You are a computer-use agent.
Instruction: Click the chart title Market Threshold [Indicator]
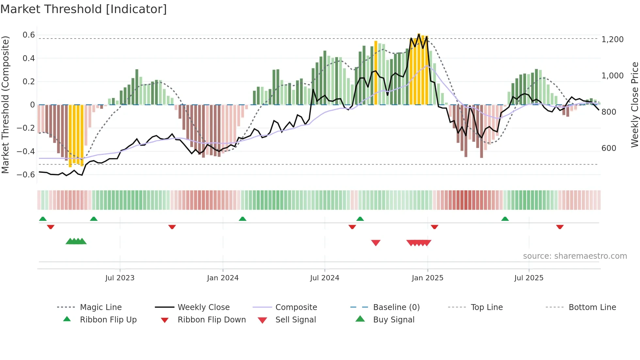pyautogui.click(x=84, y=9)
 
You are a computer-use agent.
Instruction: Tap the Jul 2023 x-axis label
pyautogui.click(x=120, y=278)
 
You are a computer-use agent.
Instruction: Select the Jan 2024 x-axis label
pyautogui.click(x=223, y=278)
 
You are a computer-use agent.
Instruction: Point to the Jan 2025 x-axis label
pyautogui.click(x=427, y=278)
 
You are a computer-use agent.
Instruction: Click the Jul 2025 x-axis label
pyautogui.click(x=529, y=278)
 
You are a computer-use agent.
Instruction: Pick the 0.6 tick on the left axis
pyautogui.click(x=28, y=35)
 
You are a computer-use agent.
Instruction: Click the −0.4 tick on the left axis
pyautogui.click(x=26, y=151)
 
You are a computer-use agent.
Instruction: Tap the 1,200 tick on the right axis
pyautogui.click(x=612, y=40)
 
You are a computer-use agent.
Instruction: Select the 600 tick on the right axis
pyautogui.click(x=609, y=148)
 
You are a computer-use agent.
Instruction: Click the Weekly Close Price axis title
pyautogui.click(x=634, y=105)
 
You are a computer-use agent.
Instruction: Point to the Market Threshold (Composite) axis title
pyautogui.click(x=5, y=105)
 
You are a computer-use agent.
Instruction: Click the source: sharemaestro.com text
pyautogui.click(x=575, y=256)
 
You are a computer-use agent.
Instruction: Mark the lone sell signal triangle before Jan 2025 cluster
pyautogui.click(x=376, y=243)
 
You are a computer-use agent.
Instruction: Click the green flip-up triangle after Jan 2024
pyautogui.click(x=242, y=219)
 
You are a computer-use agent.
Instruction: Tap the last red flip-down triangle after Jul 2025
pyautogui.click(x=560, y=227)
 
